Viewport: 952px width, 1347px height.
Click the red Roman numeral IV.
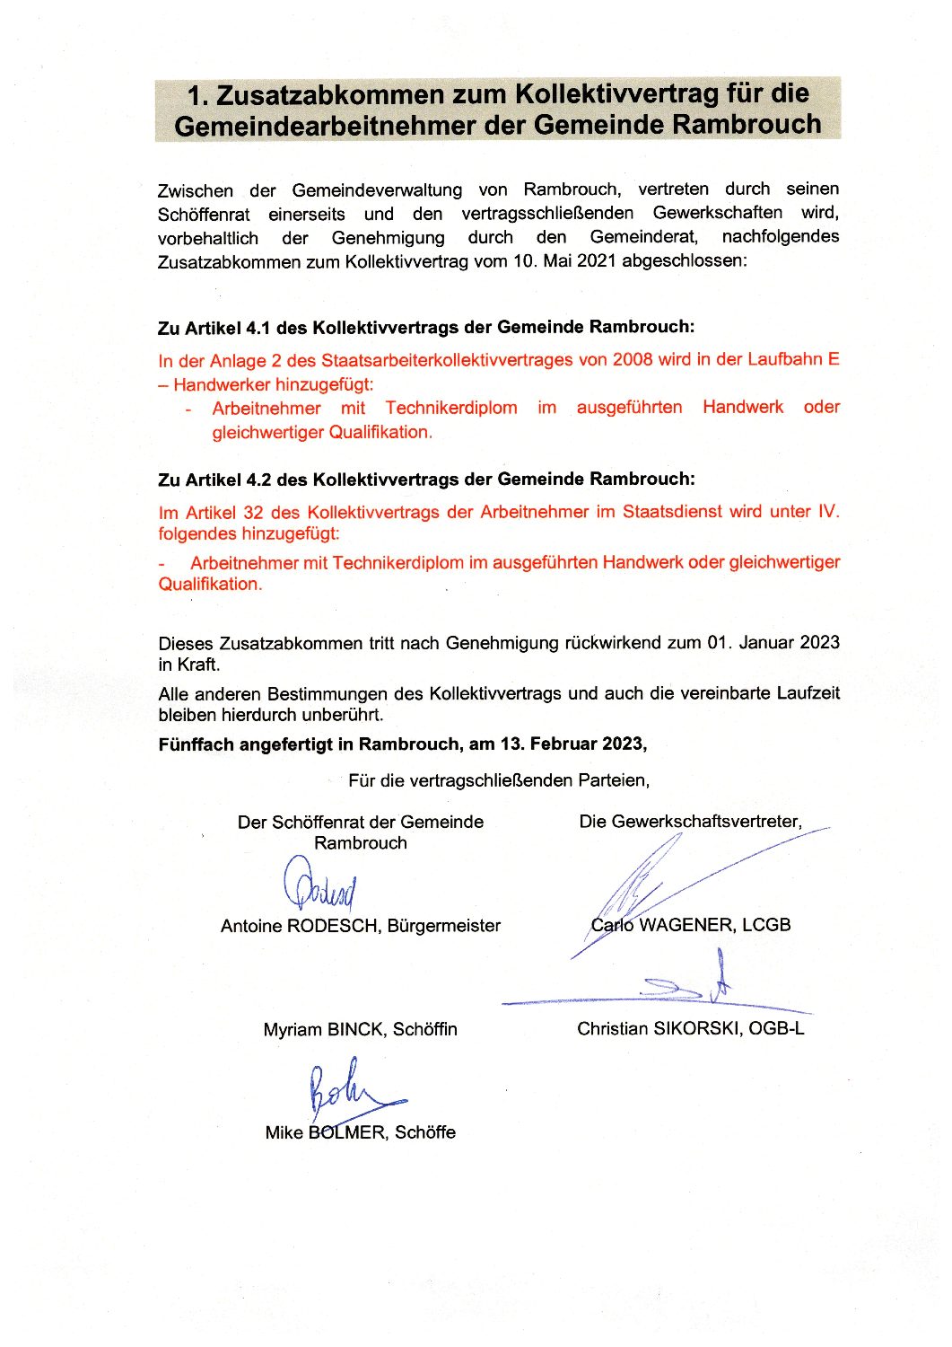point(827,512)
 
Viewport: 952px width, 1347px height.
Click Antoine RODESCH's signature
point(320,884)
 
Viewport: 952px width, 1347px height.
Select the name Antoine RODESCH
point(299,926)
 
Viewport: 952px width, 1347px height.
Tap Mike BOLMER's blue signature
point(345,1090)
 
